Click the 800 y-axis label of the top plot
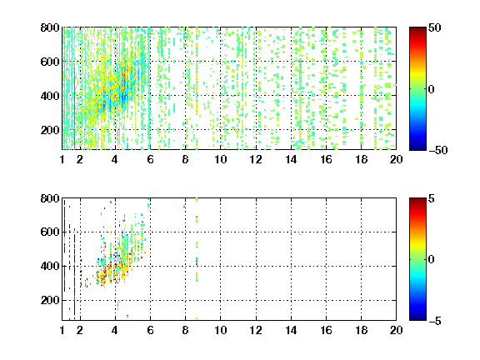(x=50, y=27)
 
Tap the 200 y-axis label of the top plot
(x=50, y=130)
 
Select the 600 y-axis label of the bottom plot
(x=50, y=232)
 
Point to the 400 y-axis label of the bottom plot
(x=50, y=266)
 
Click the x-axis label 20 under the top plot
(x=396, y=159)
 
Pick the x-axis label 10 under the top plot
(x=220, y=159)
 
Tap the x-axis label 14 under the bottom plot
(x=291, y=330)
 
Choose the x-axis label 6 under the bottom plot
(x=150, y=330)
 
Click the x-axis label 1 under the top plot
(x=62, y=159)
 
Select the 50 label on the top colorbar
(x=434, y=27)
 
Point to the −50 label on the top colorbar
(x=438, y=150)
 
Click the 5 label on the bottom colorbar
(x=432, y=198)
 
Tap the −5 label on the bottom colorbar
(x=435, y=321)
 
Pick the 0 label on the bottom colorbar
(x=432, y=260)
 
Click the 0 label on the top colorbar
(x=432, y=89)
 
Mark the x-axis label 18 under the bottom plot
(x=362, y=330)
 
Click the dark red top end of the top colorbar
(x=417, y=29)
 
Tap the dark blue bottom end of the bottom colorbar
(x=417, y=318)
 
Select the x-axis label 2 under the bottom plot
(x=80, y=330)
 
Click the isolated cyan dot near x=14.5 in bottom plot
(x=300, y=234)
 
